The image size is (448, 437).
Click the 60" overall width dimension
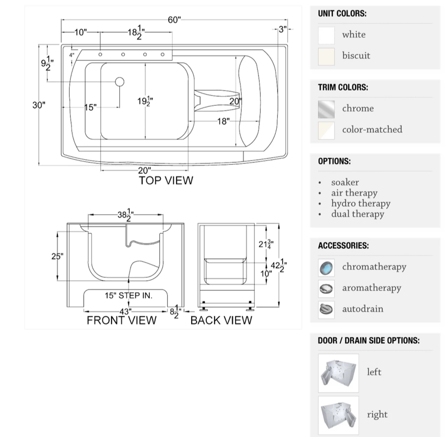174,20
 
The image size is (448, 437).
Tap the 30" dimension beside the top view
39,105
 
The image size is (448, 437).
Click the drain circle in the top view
119,82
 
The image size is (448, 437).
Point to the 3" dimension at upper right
283,29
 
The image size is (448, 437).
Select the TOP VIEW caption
166,181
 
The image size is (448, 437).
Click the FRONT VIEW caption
121,320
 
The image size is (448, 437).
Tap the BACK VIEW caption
221,320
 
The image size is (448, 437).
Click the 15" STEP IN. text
128,296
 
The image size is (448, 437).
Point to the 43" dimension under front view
125,312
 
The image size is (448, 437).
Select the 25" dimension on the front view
57,256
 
